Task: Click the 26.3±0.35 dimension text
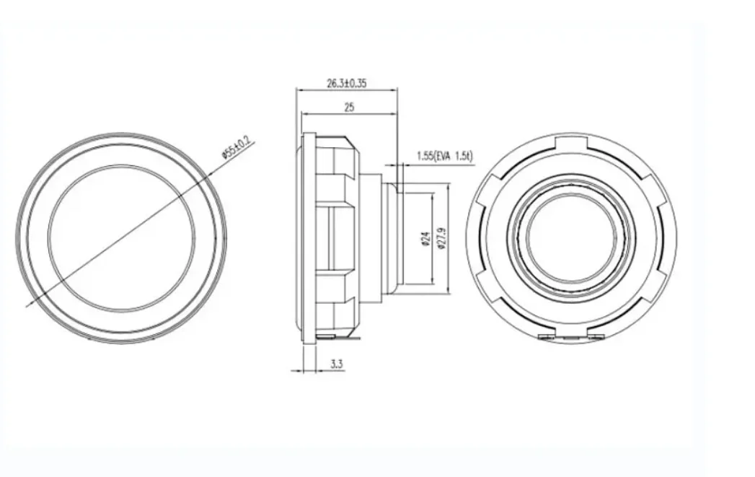(x=347, y=83)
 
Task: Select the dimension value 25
(x=349, y=107)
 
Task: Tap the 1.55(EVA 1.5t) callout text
(x=443, y=155)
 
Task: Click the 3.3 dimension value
(x=336, y=364)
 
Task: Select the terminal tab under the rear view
(x=570, y=336)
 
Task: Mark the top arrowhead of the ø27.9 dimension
(x=448, y=185)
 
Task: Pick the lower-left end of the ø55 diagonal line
(x=27, y=306)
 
